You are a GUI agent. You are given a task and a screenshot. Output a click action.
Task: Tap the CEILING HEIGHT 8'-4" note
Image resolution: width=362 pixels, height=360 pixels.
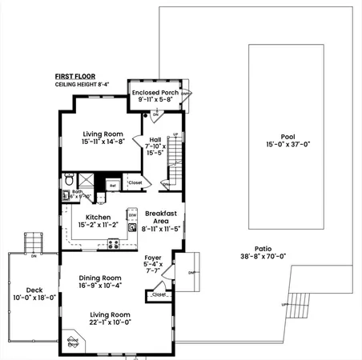tap(80, 84)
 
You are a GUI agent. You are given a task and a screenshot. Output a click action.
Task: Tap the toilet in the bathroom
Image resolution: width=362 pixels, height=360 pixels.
tap(70, 179)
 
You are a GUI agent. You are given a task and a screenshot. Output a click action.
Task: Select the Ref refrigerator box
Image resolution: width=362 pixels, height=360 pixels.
tap(113, 185)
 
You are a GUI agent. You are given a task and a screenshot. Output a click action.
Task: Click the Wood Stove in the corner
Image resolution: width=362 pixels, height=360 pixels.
tap(73, 342)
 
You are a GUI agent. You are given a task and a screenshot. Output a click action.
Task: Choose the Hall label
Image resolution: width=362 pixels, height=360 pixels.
tap(155, 139)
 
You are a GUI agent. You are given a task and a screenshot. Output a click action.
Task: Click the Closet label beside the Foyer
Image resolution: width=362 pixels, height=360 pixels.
tap(159, 294)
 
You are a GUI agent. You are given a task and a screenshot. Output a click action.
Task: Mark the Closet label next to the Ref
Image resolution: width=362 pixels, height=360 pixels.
tap(135, 183)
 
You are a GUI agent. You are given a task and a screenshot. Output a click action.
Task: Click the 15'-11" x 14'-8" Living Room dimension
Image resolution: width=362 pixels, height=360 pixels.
tap(102, 142)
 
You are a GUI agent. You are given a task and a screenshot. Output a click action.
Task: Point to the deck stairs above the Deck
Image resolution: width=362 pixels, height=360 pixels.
tap(33, 240)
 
